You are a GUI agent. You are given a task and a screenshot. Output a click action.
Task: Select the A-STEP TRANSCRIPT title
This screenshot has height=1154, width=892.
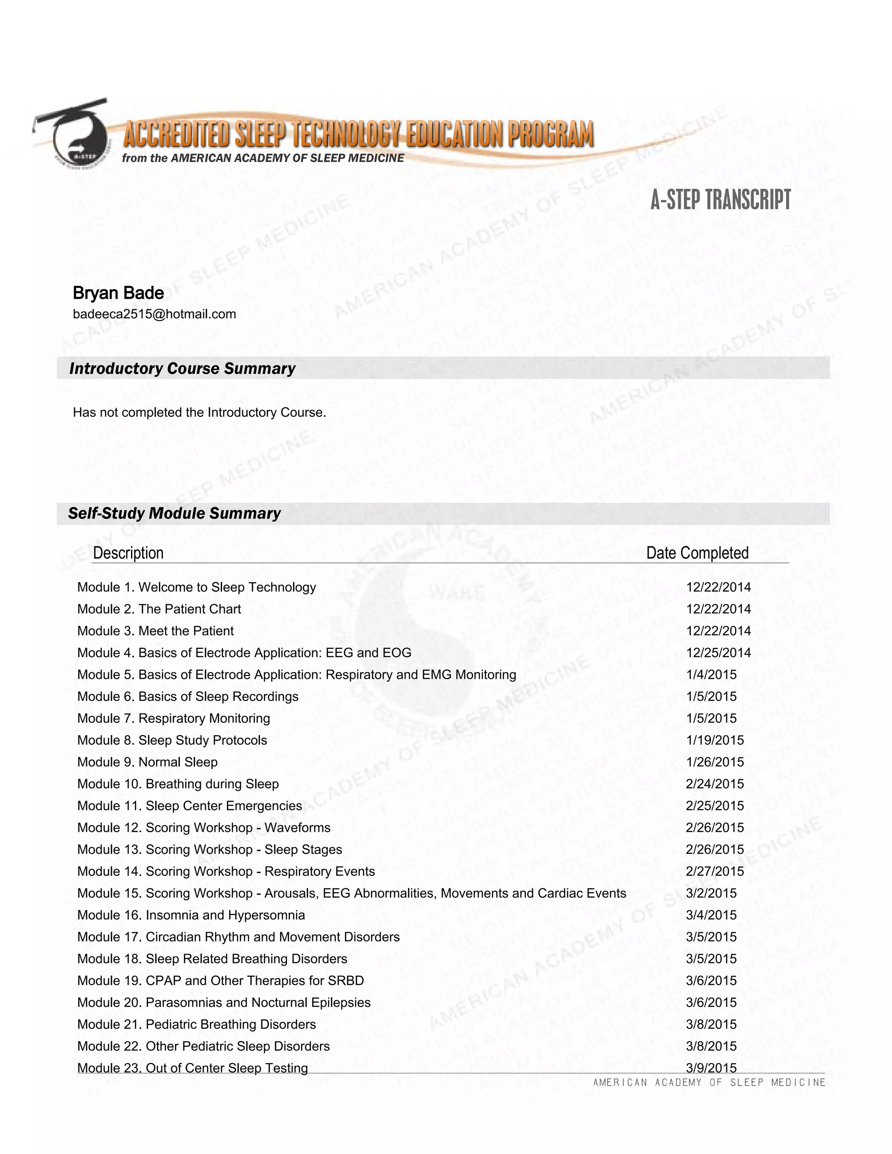720,200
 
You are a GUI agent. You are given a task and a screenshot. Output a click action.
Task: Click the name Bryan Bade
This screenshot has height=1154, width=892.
118,293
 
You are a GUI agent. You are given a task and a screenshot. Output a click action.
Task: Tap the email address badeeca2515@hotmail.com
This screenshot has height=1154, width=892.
154,314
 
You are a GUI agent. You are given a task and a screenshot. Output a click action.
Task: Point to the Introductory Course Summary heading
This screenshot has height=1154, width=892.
182,368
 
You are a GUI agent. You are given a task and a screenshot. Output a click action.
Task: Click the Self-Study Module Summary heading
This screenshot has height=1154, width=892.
174,513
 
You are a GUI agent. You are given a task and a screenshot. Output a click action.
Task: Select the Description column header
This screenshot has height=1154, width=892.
128,553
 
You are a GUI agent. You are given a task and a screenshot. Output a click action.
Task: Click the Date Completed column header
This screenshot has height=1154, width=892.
697,553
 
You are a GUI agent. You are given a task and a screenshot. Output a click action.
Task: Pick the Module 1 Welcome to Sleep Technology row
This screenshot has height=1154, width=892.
196,587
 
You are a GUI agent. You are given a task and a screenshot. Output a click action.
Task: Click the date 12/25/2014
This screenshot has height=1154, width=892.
718,653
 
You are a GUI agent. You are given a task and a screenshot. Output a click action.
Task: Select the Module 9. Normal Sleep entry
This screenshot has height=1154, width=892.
148,762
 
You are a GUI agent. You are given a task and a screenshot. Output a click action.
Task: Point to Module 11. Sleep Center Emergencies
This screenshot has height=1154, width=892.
190,806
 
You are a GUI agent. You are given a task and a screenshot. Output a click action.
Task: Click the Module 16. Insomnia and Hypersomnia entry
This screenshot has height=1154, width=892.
191,915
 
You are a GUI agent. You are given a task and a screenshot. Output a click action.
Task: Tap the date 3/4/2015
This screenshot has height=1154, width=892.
711,915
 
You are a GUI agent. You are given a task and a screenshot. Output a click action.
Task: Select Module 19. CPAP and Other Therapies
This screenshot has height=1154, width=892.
221,981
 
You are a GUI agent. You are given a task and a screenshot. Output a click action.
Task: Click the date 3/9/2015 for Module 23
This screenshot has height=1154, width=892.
711,1068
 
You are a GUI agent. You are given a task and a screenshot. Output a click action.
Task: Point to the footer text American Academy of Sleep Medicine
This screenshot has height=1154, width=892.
709,1083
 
